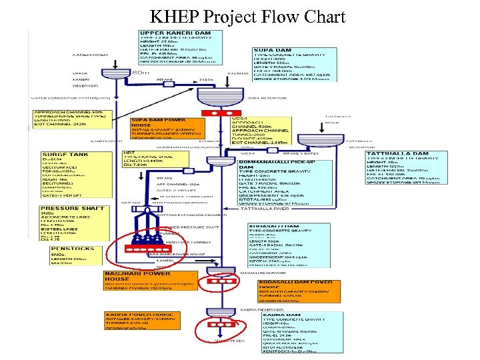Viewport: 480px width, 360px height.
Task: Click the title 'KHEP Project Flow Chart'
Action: pos(247,16)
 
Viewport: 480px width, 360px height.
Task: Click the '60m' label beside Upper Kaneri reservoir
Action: pos(141,71)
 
